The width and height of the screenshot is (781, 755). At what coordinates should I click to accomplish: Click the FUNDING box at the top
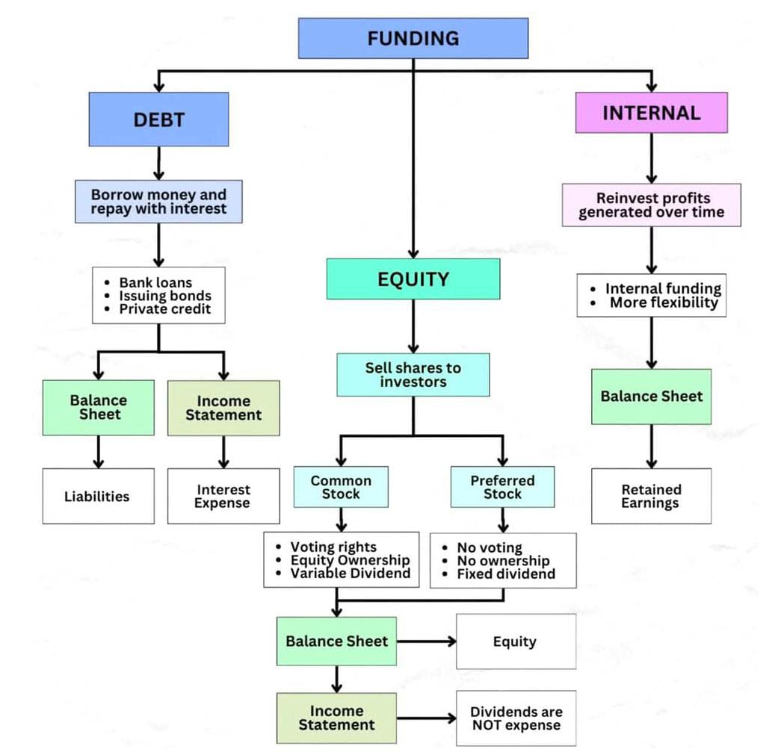[413, 38]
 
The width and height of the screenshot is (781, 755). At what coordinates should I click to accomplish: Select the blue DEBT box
[158, 119]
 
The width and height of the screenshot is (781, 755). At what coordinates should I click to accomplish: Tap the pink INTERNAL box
[651, 113]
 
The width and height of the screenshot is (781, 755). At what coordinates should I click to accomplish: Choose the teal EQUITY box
[413, 279]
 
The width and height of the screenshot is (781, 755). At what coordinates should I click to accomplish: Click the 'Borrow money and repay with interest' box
[158, 202]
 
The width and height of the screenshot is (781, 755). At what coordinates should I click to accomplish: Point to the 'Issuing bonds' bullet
[164, 296]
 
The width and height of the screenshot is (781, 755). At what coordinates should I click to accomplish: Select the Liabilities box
[98, 496]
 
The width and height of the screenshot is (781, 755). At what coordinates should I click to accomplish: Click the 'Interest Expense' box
[223, 496]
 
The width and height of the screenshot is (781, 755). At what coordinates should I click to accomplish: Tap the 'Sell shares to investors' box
[413, 374]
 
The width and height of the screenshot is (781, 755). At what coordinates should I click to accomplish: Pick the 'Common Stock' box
[341, 487]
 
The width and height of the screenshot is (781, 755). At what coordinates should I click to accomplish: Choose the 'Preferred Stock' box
[502, 487]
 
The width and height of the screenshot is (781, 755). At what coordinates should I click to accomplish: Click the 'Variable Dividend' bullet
[350, 574]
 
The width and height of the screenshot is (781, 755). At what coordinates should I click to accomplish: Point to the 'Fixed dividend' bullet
[505, 574]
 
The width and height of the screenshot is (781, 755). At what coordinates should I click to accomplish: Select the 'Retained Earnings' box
[651, 496]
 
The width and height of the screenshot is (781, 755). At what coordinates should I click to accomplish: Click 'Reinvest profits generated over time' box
[651, 205]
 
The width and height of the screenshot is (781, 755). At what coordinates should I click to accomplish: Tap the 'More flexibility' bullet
[663, 302]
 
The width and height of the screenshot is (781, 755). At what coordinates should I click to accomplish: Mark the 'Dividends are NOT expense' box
[516, 718]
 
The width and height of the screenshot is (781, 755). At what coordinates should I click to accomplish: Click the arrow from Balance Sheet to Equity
[426, 641]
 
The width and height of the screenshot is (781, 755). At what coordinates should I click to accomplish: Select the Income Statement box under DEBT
[223, 408]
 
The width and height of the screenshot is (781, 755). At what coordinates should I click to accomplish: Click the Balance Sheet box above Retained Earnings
[651, 396]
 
